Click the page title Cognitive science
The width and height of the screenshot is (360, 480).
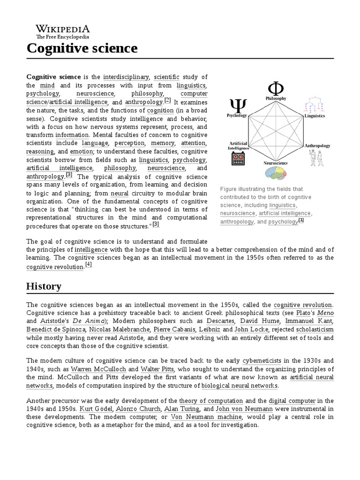tap(82, 48)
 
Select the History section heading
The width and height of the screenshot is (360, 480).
tap(44, 286)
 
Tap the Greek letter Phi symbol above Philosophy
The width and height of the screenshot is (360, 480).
tap(276, 88)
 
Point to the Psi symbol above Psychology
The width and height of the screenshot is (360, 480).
tap(236, 106)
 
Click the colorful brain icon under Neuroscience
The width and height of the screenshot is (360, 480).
tap(275, 173)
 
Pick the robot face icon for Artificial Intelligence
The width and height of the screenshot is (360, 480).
tap(238, 158)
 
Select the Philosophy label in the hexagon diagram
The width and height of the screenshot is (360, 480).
tap(276, 98)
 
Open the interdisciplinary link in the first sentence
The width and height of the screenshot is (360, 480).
tap(126, 77)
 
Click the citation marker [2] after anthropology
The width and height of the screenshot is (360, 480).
tap(167, 100)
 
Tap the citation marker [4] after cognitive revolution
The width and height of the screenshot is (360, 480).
tap(89, 264)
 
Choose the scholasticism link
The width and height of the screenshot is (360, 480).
tap(314, 330)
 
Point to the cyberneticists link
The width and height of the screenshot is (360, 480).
tap(262, 361)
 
